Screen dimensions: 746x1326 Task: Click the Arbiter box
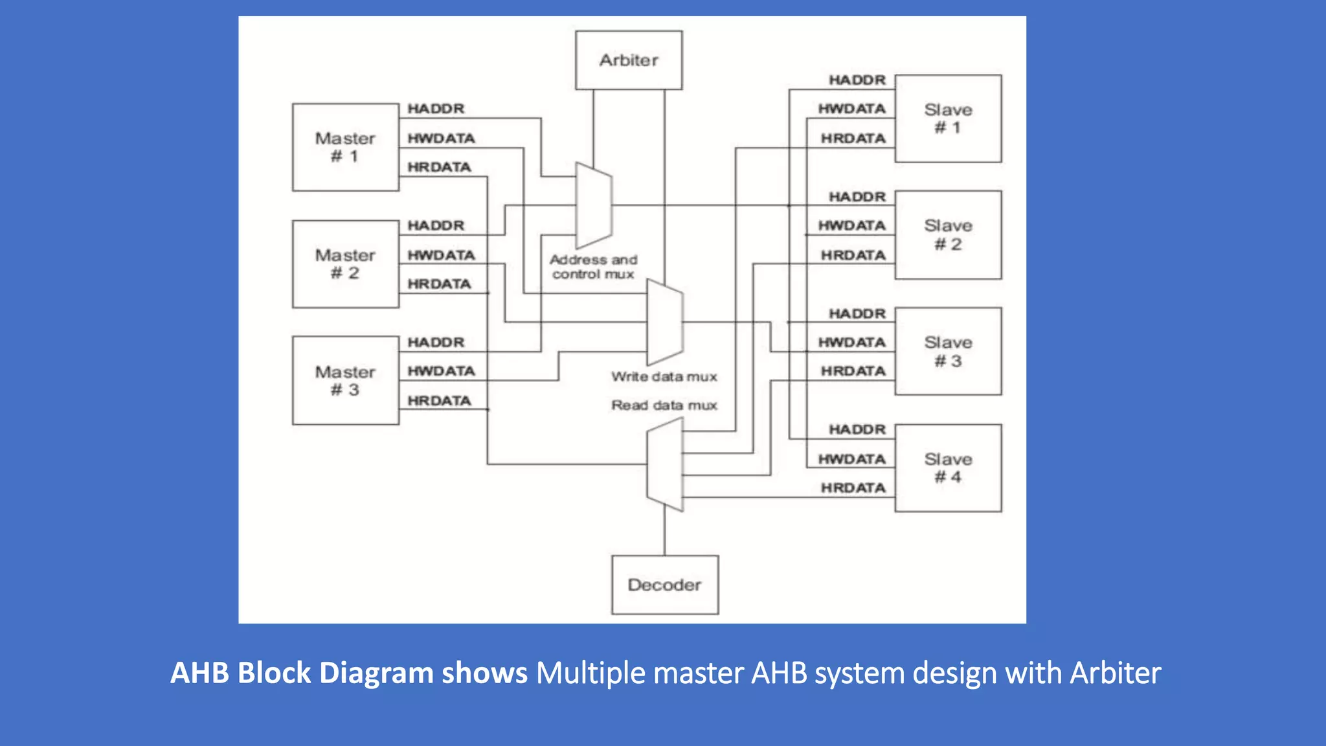tap(628, 60)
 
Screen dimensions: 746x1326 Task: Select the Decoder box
tap(664, 585)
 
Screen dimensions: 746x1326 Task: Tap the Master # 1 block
tap(345, 147)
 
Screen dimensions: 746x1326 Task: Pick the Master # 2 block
tap(345, 264)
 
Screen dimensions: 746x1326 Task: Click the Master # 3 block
tap(345, 380)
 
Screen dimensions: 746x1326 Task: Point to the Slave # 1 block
tap(948, 119)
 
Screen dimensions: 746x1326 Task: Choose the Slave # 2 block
tap(948, 234)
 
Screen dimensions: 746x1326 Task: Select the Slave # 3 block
tap(948, 351)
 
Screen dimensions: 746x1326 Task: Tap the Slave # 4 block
tap(948, 468)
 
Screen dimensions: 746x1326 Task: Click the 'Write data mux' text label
tap(664, 376)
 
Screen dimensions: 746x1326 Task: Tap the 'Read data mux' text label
tap(664, 405)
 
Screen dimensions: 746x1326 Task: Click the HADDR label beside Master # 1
tap(436, 109)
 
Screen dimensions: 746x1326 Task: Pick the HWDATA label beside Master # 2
tap(441, 255)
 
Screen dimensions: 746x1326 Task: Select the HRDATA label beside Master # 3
tap(439, 401)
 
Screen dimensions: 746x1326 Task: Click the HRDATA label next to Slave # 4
tap(853, 488)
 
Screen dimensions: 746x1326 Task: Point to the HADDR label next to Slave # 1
tap(857, 80)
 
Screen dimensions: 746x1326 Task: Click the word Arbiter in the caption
tap(1115, 673)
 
